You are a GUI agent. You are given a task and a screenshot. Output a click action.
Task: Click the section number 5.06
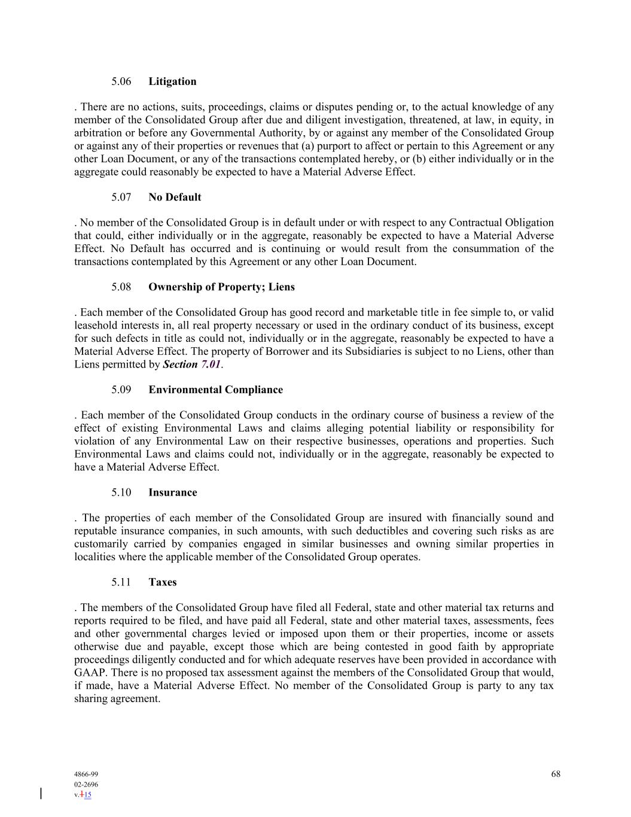pos(121,81)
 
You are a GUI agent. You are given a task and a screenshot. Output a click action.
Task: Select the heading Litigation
pos(172,81)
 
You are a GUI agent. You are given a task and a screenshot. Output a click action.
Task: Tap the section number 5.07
pos(121,197)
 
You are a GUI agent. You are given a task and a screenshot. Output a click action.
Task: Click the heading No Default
pos(175,197)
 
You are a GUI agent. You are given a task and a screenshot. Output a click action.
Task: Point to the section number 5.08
pos(121,287)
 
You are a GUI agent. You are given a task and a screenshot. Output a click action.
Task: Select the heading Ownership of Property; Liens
pos(221,287)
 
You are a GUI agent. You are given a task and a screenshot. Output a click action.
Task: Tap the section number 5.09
pos(121,390)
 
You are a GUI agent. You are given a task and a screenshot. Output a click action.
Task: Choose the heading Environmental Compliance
pos(215,390)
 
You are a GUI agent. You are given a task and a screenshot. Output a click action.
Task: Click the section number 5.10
pos(121,493)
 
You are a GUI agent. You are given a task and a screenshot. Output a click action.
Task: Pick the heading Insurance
pos(172,493)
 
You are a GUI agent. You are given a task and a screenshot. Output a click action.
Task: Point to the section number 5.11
pos(121,582)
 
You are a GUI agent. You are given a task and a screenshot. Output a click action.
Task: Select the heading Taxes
pos(162,582)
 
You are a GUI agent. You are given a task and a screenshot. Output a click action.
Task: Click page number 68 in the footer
pos(556,774)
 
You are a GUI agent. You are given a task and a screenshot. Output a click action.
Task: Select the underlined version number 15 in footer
pos(87,795)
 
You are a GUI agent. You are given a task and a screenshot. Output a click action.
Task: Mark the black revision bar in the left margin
pos(41,794)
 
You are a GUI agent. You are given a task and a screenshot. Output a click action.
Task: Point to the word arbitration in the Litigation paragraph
pos(99,133)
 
